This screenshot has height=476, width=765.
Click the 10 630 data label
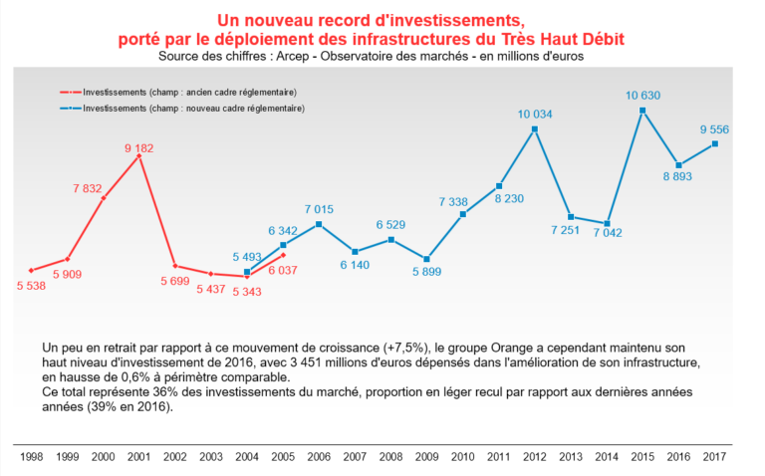(642, 96)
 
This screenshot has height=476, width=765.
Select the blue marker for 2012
(535, 128)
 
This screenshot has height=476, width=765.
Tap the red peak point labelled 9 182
(139, 155)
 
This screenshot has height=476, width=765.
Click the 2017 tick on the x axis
(714, 455)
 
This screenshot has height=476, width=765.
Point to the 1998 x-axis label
(32, 455)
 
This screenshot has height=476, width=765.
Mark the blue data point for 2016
(678, 165)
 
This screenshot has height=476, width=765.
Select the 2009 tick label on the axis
(427, 455)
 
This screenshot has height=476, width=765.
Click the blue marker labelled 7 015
(319, 224)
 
